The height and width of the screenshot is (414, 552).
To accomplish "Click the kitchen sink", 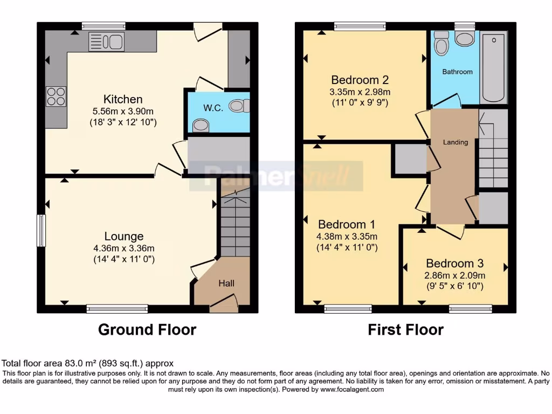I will pyautogui.click(x=106, y=42).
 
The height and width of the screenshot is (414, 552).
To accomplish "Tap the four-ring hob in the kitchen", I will pyautogui.click(x=56, y=96).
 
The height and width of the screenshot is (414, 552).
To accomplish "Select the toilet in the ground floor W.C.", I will pyautogui.click(x=237, y=106).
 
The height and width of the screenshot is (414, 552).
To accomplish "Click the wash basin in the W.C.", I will pyautogui.click(x=201, y=126).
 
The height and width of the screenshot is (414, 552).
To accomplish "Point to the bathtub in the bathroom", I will pyautogui.click(x=494, y=67).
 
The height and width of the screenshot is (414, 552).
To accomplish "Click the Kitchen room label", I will pyautogui.click(x=123, y=99).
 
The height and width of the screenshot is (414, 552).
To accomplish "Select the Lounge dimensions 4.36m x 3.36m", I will pyautogui.click(x=123, y=249).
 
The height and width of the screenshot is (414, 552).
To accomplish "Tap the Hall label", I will pyautogui.click(x=226, y=283).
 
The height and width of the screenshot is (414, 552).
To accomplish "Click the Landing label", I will pyautogui.click(x=456, y=142).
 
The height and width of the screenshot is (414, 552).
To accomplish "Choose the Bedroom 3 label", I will pyautogui.click(x=454, y=264).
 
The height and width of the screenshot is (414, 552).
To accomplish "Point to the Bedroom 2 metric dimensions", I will pyautogui.click(x=361, y=92).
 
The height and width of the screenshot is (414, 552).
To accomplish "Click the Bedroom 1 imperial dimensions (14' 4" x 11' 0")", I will pyautogui.click(x=347, y=248).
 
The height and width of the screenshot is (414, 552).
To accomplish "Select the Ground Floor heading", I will pyautogui.click(x=147, y=329).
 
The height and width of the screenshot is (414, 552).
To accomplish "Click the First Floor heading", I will pyautogui.click(x=405, y=329).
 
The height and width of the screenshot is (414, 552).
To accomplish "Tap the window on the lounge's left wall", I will pyautogui.click(x=41, y=231).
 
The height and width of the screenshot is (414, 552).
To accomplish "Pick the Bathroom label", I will pyautogui.click(x=457, y=72).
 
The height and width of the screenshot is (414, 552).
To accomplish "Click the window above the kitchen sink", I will pyautogui.click(x=103, y=26).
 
